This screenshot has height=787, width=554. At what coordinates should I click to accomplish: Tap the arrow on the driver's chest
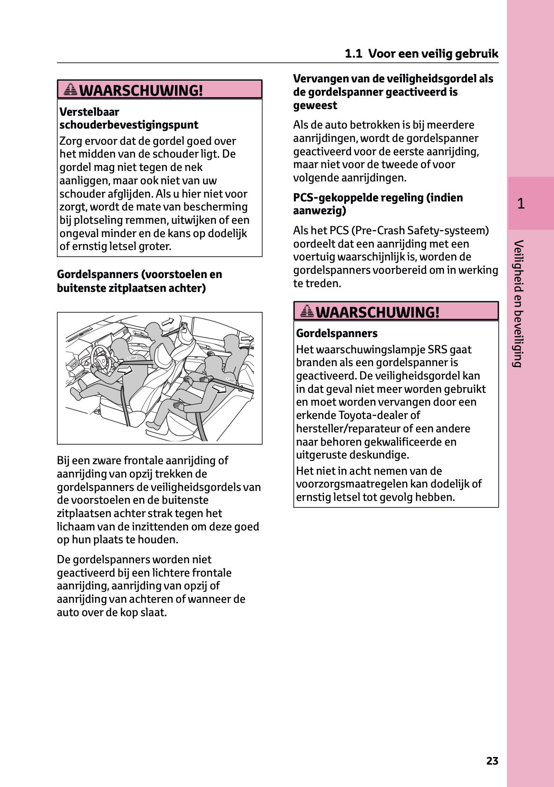click(x=125, y=369)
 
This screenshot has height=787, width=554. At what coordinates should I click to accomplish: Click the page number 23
click(x=492, y=761)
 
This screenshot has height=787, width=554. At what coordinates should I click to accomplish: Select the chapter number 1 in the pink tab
click(x=521, y=204)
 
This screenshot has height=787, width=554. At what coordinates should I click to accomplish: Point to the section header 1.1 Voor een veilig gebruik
click(x=421, y=53)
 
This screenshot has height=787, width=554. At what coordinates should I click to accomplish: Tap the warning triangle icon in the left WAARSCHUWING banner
click(x=70, y=89)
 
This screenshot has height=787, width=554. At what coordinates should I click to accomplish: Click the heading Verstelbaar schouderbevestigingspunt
click(x=128, y=118)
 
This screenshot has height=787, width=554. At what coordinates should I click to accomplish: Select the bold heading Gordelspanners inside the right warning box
click(x=337, y=333)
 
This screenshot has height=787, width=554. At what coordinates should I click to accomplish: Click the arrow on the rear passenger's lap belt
click(x=219, y=389)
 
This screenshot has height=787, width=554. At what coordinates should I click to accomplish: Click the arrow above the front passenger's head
click(x=168, y=322)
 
